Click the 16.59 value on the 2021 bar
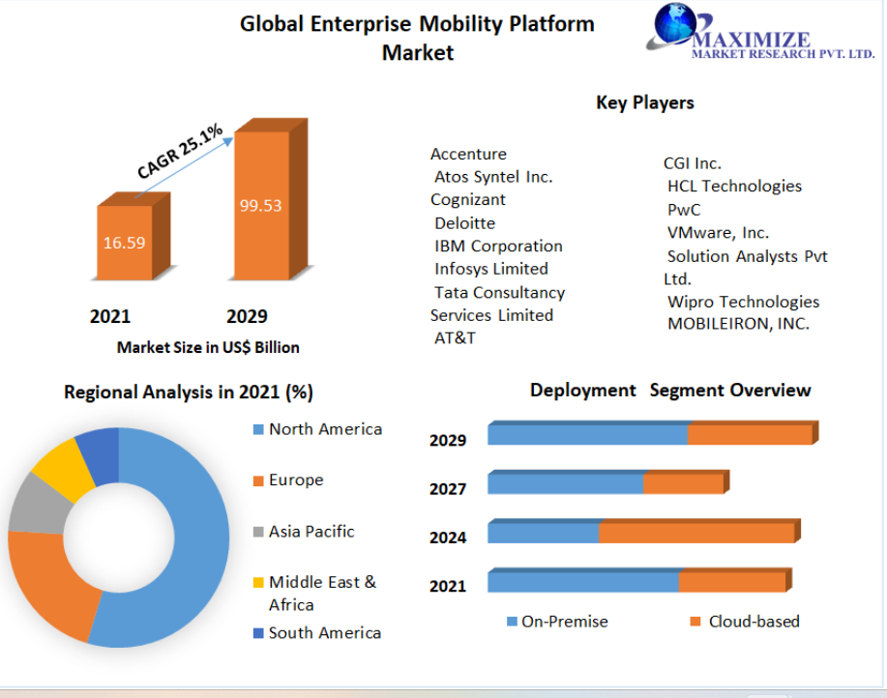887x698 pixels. pos(125,243)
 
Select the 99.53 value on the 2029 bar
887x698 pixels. pos(260,205)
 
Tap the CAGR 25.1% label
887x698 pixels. pos(181,152)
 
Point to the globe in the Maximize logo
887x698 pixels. pos(675,23)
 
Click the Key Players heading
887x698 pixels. pos(645,102)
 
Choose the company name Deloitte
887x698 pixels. pos(464,223)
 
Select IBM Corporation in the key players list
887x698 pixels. pos(498,246)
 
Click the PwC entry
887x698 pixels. pos(684,210)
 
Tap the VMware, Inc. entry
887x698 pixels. pos(718,233)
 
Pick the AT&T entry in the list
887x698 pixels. pos(455,338)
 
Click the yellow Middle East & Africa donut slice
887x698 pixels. pos(63,469)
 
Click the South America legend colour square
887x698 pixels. pos(258,633)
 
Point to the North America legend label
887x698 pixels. pos(325,429)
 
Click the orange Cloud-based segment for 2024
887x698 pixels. pos(696,533)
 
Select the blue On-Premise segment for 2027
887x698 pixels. pos(566,483)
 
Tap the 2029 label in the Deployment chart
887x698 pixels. pos(448,440)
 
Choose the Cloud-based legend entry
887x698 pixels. pos(745,622)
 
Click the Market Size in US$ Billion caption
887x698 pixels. pos(208,347)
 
